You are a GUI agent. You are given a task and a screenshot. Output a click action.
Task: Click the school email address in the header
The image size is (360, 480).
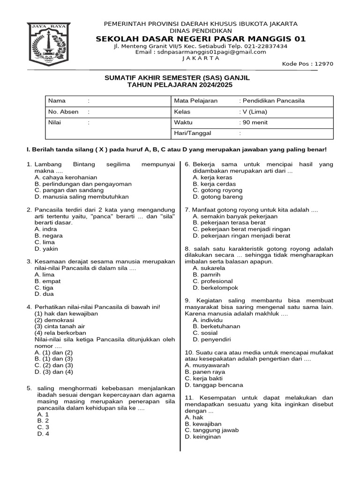click(201, 52)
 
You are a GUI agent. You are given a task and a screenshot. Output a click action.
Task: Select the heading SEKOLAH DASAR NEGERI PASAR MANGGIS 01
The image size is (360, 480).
click(200, 38)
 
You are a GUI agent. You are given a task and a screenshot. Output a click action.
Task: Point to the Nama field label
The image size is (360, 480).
click(57, 101)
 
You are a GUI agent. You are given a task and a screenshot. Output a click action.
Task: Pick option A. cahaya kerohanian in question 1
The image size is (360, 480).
click(66, 178)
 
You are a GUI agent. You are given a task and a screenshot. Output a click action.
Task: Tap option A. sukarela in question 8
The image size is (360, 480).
click(209, 268)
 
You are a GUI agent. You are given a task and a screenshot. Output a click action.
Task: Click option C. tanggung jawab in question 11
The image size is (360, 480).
click(212, 430)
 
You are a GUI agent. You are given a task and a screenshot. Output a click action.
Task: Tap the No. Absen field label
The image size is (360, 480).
click(63, 112)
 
